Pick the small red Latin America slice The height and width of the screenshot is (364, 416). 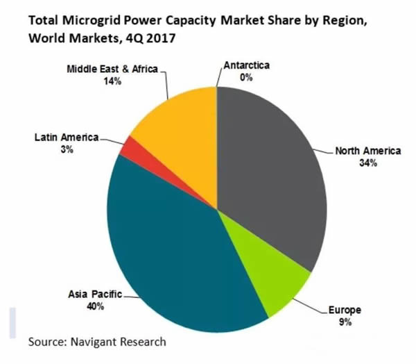click(x=128, y=148)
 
